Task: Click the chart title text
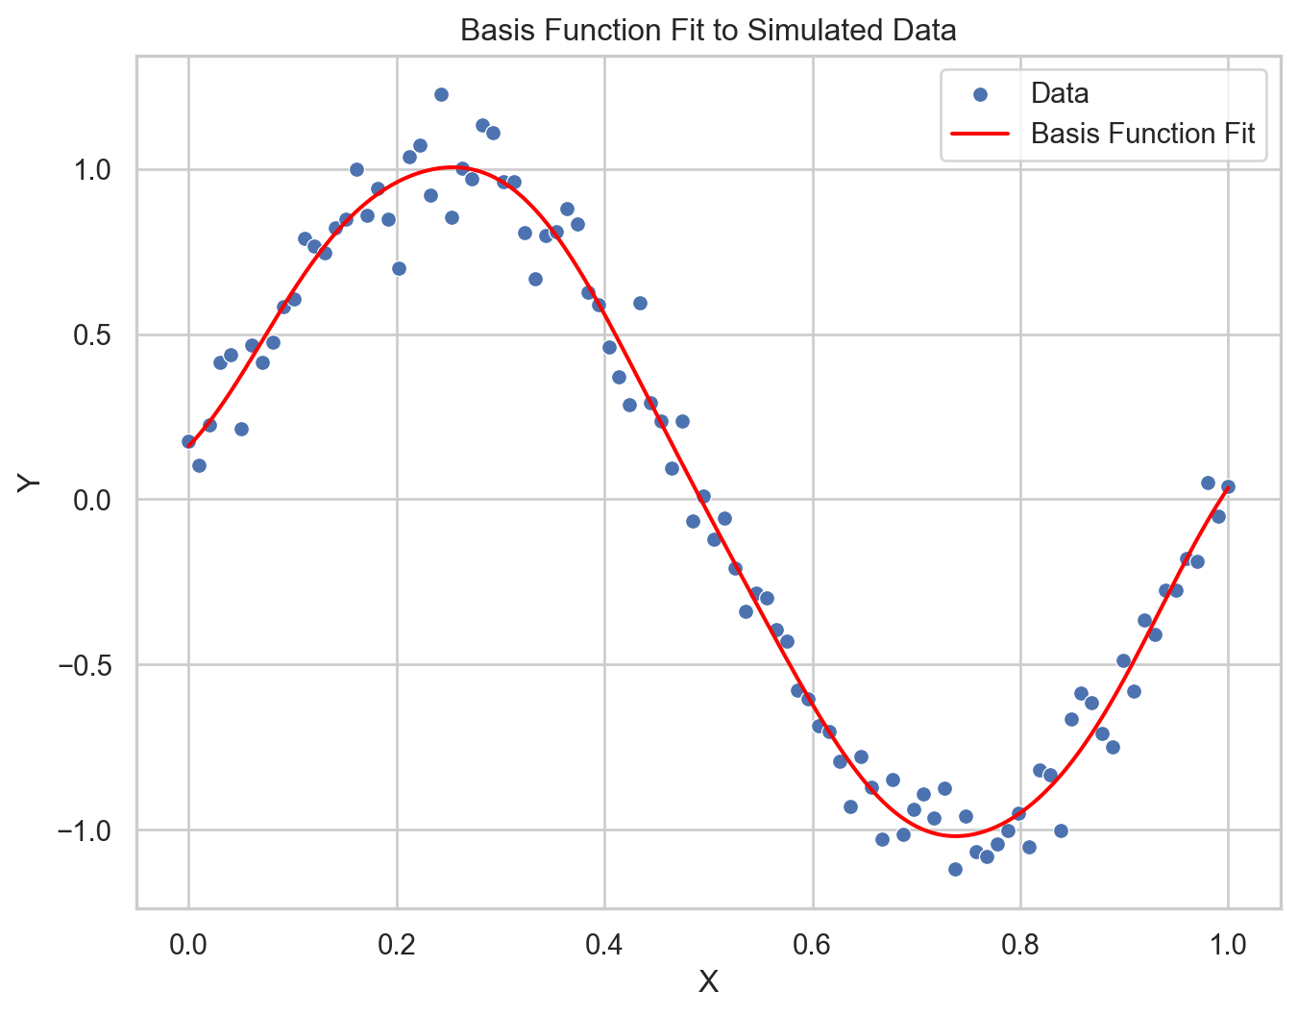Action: pos(708,31)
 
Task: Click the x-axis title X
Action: pos(708,981)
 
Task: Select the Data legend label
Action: pos(1060,93)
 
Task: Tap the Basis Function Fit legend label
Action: pos(1142,134)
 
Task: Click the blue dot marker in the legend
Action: pos(980,94)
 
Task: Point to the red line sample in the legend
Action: pos(980,134)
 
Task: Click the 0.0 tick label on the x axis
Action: pos(188,944)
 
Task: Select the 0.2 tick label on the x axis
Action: pos(397,944)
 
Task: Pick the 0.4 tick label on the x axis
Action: pos(604,944)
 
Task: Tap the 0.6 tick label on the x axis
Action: pos(813,944)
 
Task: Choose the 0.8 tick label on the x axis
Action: pos(1020,944)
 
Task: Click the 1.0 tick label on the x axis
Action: pos(1228,944)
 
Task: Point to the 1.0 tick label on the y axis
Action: pos(92,170)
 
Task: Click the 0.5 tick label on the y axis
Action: pos(92,335)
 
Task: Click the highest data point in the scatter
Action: pos(441,94)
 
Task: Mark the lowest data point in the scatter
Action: pos(955,869)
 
